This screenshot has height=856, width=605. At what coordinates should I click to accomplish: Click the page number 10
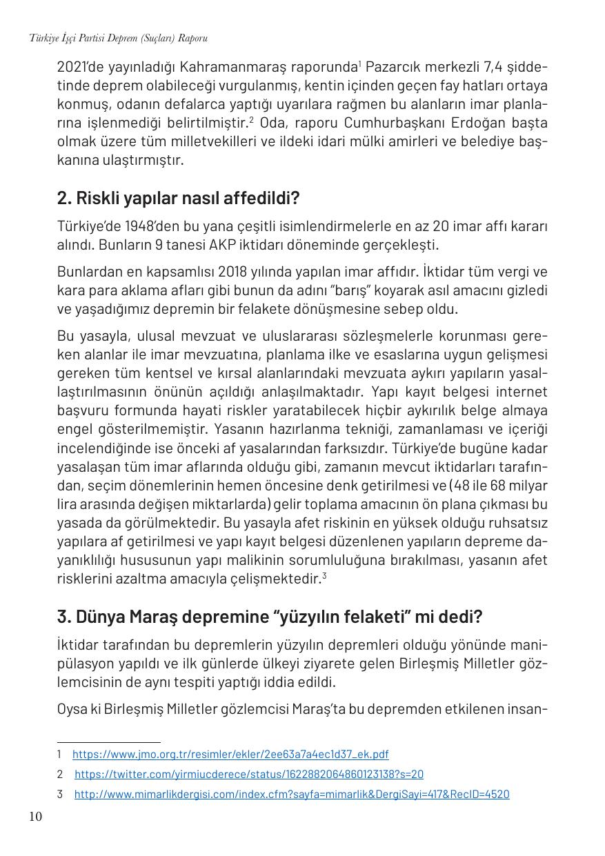click(35, 817)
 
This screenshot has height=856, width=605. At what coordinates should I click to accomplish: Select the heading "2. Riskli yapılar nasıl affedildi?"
click(178, 199)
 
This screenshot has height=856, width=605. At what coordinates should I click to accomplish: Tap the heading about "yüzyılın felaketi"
click(269, 616)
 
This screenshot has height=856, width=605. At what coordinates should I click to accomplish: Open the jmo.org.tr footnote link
click(230, 755)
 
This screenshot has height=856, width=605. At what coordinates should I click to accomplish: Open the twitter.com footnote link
click(249, 775)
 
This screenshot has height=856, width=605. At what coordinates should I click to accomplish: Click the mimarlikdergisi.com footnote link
click(292, 795)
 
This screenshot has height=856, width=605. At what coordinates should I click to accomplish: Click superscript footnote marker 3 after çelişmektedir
click(324, 576)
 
